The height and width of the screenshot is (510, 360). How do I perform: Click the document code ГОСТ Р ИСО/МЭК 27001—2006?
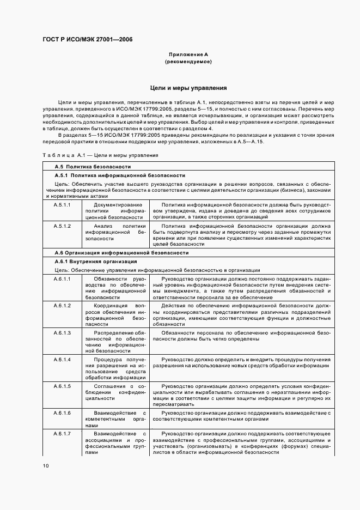(87, 40)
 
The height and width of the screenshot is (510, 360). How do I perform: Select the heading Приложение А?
(188, 55)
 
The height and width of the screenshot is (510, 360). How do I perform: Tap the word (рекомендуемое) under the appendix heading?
(188, 62)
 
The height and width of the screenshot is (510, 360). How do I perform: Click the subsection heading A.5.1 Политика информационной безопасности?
(120, 175)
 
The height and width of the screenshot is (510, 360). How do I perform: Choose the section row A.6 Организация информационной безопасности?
(121, 253)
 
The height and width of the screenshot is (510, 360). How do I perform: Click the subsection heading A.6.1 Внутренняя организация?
(95, 262)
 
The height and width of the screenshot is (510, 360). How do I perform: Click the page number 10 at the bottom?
(46, 466)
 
